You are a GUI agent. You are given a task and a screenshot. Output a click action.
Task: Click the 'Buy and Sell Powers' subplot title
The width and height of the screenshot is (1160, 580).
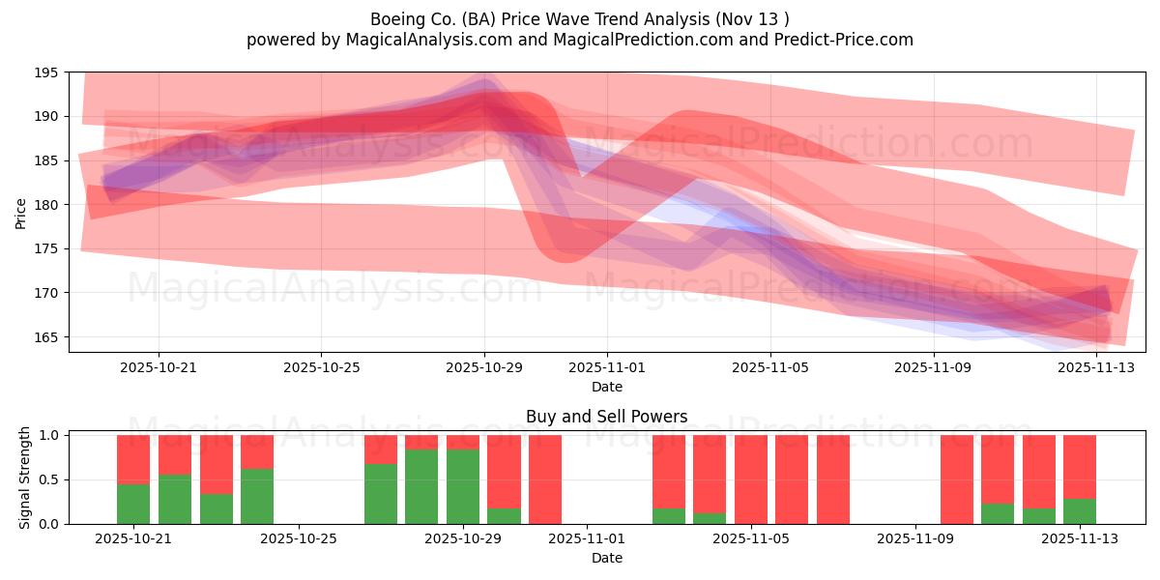point(606,417)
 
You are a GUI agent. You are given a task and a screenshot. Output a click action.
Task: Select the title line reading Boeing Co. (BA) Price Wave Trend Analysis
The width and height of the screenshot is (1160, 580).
point(579,19)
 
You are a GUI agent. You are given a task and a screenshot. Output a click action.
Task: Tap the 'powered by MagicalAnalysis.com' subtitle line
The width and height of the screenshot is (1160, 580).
point(579,40)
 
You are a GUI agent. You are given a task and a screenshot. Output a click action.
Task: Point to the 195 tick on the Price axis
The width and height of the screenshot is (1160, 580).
point(45,72)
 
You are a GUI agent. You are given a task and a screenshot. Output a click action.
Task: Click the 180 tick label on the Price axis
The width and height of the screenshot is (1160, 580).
point(45,205)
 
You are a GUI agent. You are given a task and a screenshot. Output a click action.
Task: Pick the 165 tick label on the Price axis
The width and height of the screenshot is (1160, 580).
point(45,337)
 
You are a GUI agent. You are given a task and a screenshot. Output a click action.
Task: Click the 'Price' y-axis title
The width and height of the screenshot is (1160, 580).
point(21,213)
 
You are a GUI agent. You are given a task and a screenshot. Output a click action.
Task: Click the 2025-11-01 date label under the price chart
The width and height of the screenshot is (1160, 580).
point(606,367)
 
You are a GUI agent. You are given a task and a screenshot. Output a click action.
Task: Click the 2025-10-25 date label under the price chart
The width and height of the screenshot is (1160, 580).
point(321,367)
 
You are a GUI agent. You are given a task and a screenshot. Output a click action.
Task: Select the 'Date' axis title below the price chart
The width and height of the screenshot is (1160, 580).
point(606,387)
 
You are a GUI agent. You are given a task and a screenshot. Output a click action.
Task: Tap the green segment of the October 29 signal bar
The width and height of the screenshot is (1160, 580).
point(463,486)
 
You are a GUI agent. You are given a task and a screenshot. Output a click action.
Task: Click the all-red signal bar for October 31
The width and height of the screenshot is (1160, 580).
point(545,479)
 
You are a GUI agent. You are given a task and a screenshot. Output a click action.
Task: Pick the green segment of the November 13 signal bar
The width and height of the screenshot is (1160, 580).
point(1080,511)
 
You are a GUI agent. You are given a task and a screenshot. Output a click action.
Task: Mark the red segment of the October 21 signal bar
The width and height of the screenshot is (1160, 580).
point(133,459)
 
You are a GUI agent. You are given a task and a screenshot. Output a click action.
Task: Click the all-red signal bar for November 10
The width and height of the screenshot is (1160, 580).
point(957,479)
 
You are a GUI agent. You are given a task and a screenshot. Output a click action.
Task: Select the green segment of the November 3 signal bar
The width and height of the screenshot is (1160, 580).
point(669,516)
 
